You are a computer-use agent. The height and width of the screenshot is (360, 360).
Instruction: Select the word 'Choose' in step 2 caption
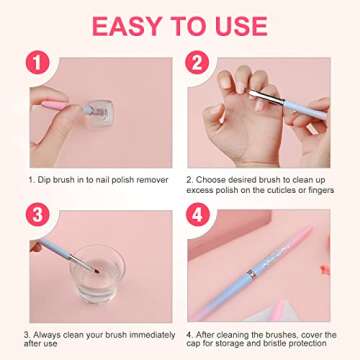coord(214,180)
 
